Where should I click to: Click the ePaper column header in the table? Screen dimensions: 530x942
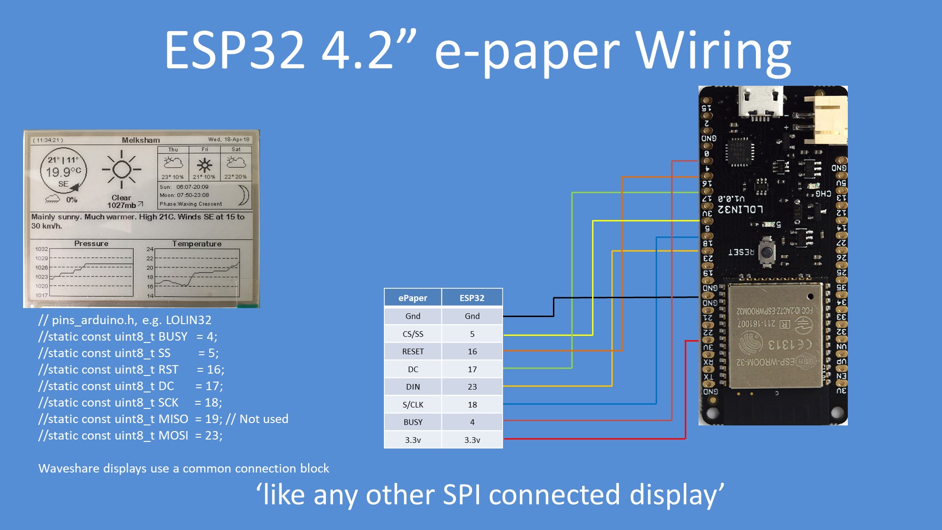(x=413, y=298)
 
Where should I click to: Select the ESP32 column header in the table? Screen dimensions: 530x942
(x=472, y=298)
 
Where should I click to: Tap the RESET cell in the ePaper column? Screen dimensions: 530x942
(x=413, y=351)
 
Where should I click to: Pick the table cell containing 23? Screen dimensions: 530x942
(x=472, y=387)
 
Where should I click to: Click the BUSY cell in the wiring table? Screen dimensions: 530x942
(x=413, y=422)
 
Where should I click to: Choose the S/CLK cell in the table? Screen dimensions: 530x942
(x=413, y=405)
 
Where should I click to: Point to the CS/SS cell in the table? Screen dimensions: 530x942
(x=413, y=334)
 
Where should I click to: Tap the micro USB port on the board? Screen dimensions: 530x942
(x=760, y=101)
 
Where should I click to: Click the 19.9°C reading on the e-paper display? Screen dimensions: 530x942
(x=63, y=172)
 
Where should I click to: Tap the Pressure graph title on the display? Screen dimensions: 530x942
(x=91, y=244)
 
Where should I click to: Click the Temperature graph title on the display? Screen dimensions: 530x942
(x=196, y=244)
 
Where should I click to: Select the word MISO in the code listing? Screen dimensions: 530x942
(x=173, y=419)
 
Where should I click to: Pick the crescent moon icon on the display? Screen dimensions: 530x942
(x=244, y=195)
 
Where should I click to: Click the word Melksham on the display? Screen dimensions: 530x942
(x=141, y=140)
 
